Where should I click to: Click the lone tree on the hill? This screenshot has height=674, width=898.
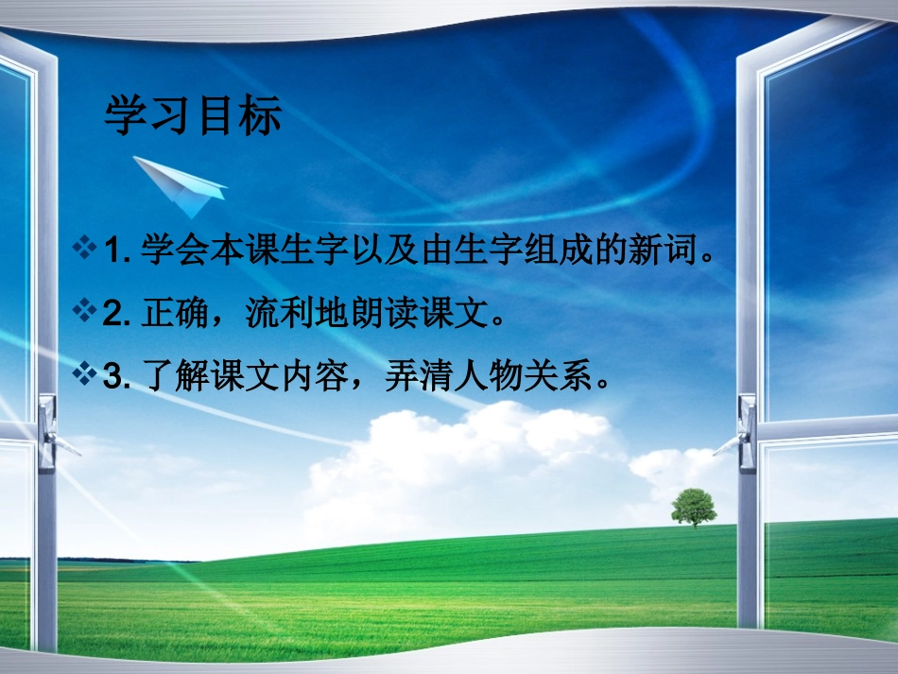tap(693, 507)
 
